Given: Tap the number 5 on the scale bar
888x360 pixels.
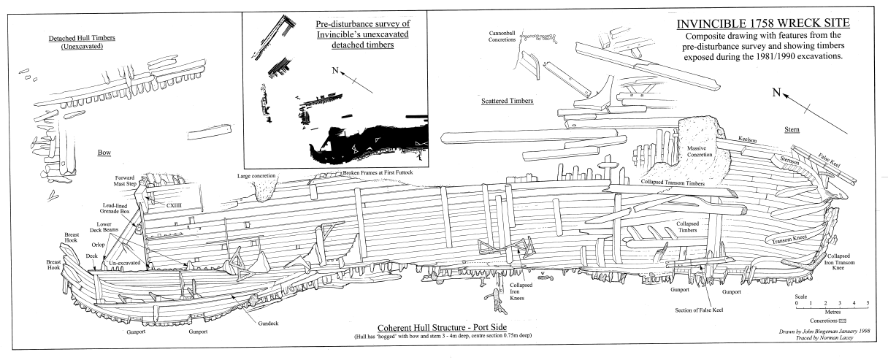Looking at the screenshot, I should (x=867, y=302).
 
